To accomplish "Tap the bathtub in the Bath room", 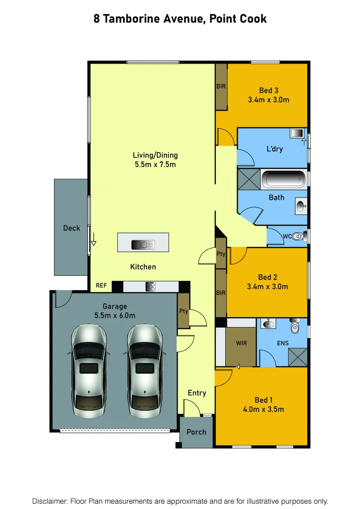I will pyautogui.click(x=283, y=180).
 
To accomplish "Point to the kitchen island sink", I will pyautogui.click(x=142, y=244).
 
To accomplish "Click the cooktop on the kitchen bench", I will pyautogui.click(x=151, y=286).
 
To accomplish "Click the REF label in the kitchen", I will pyautogui.click(x=102, y=286).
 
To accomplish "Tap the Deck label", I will pyautogui.click(x=72, y=228).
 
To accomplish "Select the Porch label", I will pyautogui.click(x=196, y=432).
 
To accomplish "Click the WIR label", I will pyautogui.click(x=242, y=343).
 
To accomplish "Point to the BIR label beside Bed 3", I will pyautogui.click(x=221, y=87).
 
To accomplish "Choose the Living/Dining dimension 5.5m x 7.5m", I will pyautogui.click(x=155, y=165).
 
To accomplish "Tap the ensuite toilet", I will pyautogui.click(x=295, y=326).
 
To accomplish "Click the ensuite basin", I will pyautogui.click(x=268, y=324).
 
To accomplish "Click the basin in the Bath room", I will pyautogui.click(x=301, y=205).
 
